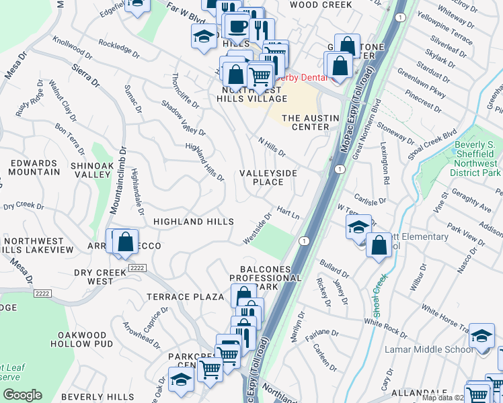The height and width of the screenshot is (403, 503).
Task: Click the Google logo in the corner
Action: click(x=22, y=394)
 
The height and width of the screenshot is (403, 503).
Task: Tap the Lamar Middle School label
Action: click(x=428, y=349)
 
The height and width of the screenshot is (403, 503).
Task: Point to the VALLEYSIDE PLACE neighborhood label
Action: click(x=268, y=177)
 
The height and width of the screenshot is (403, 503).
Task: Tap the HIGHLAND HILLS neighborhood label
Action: click(x=193, y=221)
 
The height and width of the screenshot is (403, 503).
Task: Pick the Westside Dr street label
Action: click(x=258, y=228)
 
